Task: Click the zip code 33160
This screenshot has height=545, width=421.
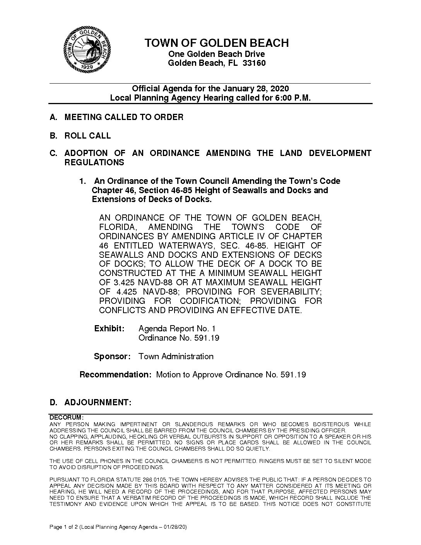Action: (254, 63)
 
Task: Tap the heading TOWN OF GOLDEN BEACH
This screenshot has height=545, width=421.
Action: (217, 43)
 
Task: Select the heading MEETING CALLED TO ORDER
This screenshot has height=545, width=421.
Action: (124, 117)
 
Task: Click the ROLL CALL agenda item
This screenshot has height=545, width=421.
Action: (87, 135)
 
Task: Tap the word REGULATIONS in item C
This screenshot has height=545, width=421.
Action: (94, 163)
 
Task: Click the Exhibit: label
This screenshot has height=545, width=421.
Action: (110, 329)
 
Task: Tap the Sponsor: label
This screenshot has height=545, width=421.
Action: (112, 356)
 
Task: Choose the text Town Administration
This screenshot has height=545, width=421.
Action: (176, 356)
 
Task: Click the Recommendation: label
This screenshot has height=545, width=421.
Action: (115, 375)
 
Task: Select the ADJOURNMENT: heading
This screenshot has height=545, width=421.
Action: (98, 403)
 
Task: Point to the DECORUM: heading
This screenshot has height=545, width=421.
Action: (66, 418)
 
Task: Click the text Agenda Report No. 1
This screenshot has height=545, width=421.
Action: (177, 329)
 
